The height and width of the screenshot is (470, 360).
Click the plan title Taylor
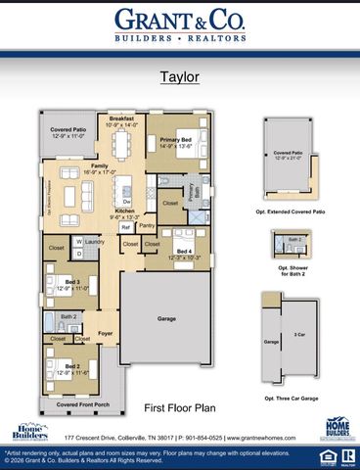click(x=179, y=73)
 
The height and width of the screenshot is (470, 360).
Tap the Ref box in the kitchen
click(x=125, y=227)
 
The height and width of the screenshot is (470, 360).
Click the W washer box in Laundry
click(x=79, y=241)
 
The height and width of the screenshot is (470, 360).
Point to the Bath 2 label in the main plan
click(x=67, y=317)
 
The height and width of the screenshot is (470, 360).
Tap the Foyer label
click(x=106, y=334)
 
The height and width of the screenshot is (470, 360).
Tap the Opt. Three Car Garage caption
click(x=296, y=398)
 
